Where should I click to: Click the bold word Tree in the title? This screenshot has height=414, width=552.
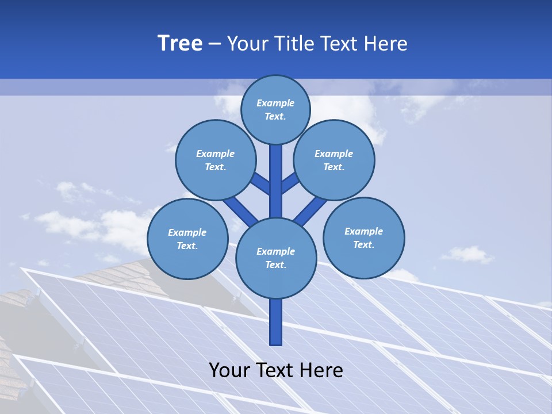click(x=180, y=43)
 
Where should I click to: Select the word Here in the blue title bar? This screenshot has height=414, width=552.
click(x=387, y=43)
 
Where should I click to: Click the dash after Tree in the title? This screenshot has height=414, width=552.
click(x=214, y=44)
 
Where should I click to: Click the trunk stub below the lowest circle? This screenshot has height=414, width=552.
click(x=275, y=322)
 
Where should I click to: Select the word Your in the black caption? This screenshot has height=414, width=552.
click(x=229, y=370)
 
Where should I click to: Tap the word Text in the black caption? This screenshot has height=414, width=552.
click(x=276, y=370)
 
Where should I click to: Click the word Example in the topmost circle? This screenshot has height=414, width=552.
click(x=275, y=103)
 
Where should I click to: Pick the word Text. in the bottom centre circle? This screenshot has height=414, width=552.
click(x=275, y=264)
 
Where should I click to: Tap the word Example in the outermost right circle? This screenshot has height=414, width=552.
click(x=363, y=231)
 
